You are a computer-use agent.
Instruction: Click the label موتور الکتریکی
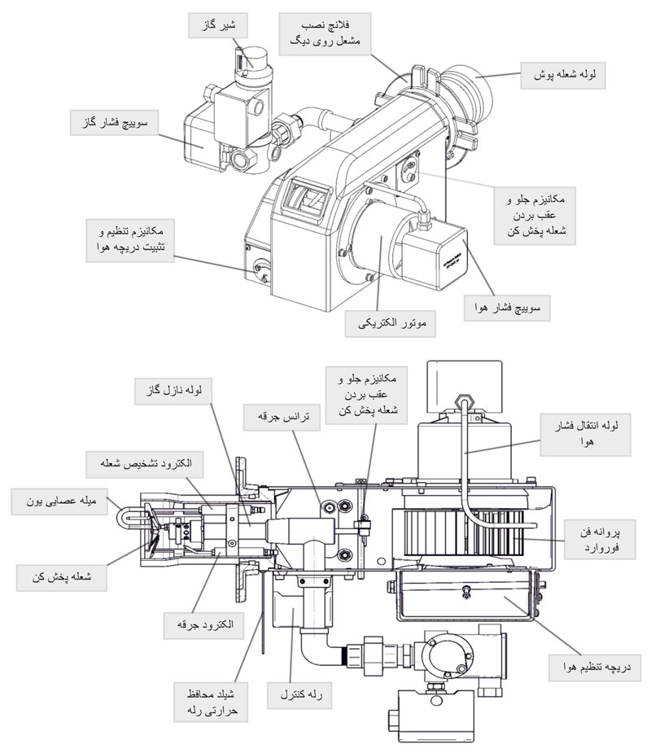(391, 323)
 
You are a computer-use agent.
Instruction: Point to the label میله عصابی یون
(59, 501)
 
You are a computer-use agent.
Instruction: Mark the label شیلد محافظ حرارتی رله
(214, 702)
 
